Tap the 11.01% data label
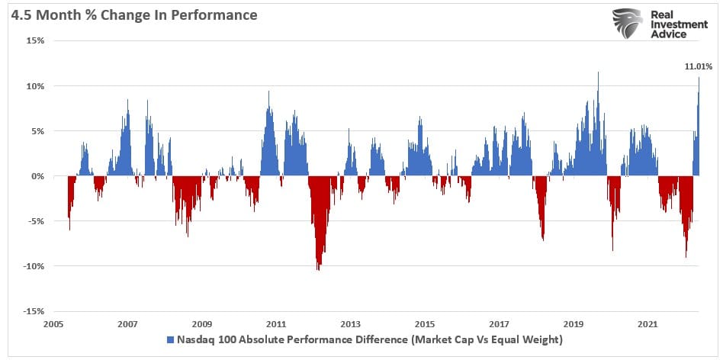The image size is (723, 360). tap(698, 67)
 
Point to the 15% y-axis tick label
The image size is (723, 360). tap(34, 41)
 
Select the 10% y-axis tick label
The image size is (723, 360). tap(34, 86)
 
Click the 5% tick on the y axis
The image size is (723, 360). tap(36, 131)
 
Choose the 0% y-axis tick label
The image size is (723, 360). tap(36, 176)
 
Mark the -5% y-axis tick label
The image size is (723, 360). tap(34, 222)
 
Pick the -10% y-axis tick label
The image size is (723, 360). tap(32, 267)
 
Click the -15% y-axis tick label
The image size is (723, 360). tap(32, 312)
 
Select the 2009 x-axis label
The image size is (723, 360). tap(201, 324)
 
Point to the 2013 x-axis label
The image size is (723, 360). tap(350, 324)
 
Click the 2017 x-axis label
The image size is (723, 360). tap(499, 324)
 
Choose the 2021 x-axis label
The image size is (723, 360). tap(647, 324)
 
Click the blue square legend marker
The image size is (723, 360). tap(169, 339)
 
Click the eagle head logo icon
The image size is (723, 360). tap(628, 25)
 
